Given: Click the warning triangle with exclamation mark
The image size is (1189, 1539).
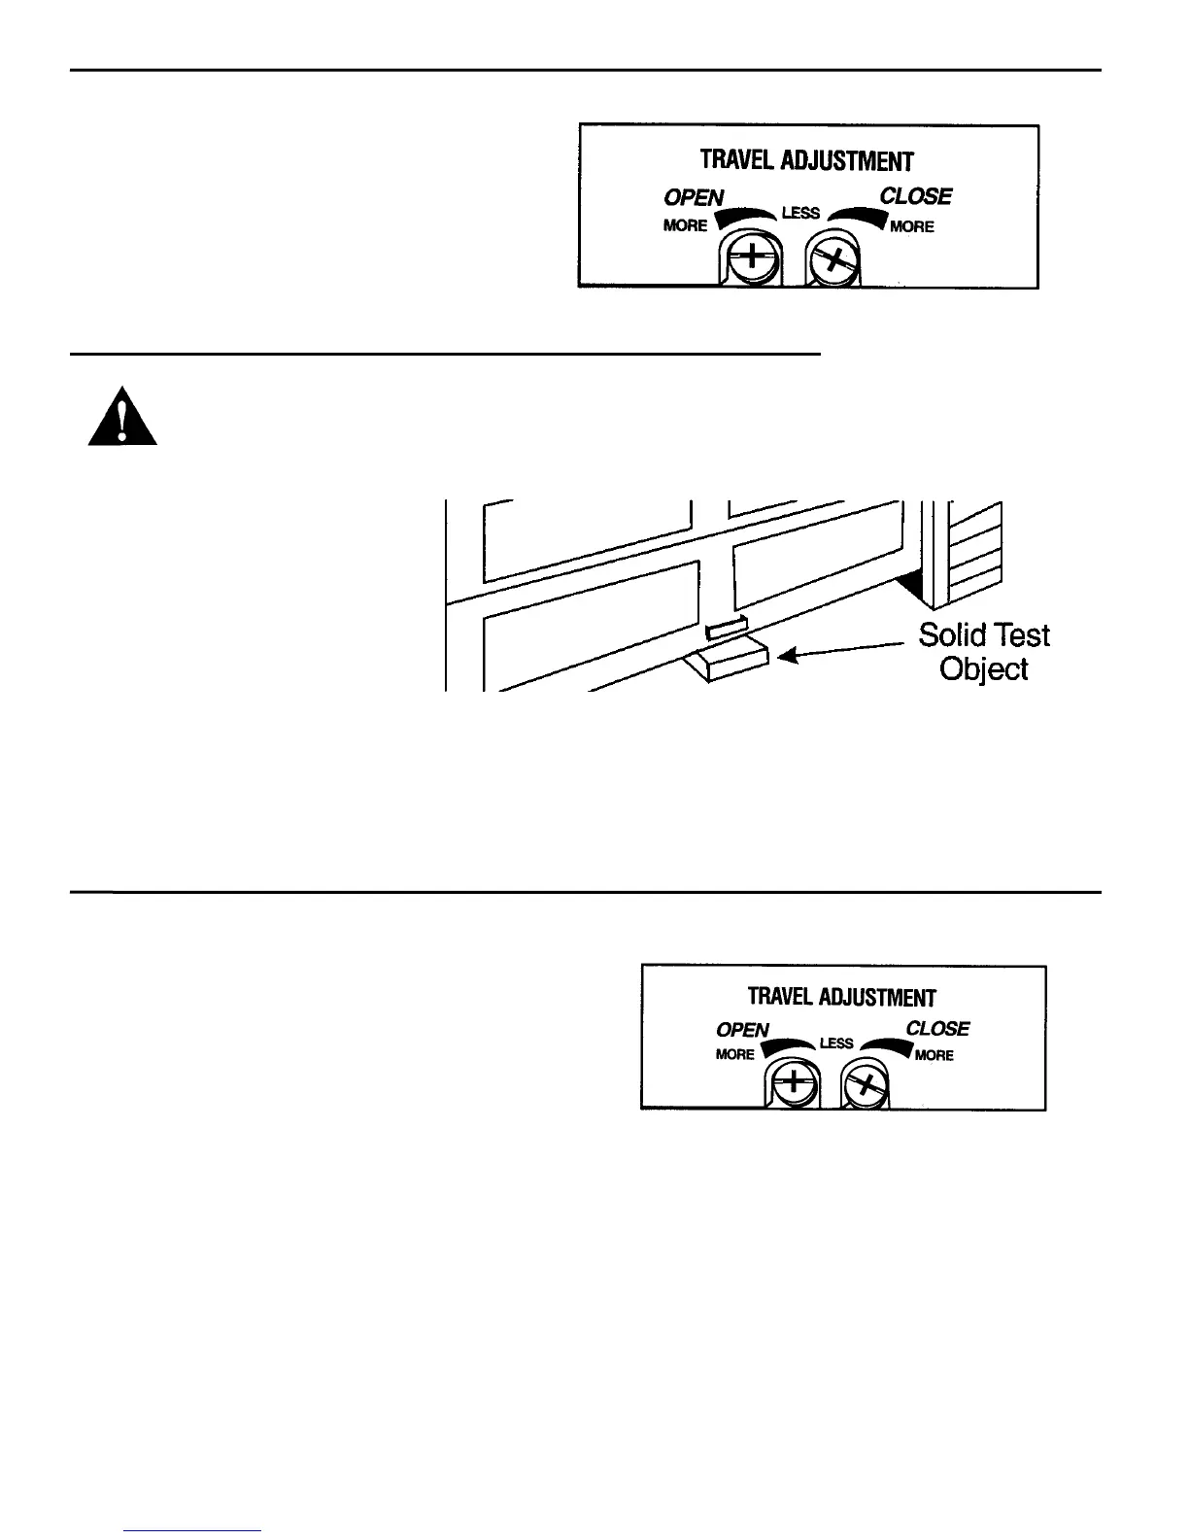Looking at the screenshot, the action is [x=122, y=418].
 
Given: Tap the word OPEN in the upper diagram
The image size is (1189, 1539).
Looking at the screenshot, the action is [x=694, y=197].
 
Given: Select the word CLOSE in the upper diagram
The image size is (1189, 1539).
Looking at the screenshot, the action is [x=915, y=196].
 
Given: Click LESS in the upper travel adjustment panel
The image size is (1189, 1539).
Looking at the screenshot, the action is [x=800, y=213].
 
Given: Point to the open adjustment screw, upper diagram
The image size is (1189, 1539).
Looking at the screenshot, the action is [x=750, y=260].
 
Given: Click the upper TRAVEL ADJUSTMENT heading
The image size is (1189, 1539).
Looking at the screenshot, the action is [x=807, y=160].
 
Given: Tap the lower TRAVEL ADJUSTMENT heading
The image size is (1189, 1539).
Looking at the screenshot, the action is [x=841, y=997].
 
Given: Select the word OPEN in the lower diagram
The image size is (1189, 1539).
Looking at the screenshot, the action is [x=742, y=1030].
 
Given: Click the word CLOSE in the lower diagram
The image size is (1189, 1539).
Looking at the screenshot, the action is [x=937, y=1028].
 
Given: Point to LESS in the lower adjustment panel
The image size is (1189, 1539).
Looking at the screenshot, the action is [x=836, y=1043].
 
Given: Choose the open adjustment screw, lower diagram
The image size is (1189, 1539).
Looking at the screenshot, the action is [x=793, y=1082].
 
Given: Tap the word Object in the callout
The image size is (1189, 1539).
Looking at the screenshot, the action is [x=983, y=670].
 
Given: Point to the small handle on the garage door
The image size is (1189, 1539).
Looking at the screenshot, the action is [x=726, y=629].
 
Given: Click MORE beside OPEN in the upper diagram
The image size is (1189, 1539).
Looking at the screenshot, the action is [x=685, y=225].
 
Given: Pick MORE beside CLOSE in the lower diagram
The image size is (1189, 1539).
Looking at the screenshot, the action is [x=934, y=1055].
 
